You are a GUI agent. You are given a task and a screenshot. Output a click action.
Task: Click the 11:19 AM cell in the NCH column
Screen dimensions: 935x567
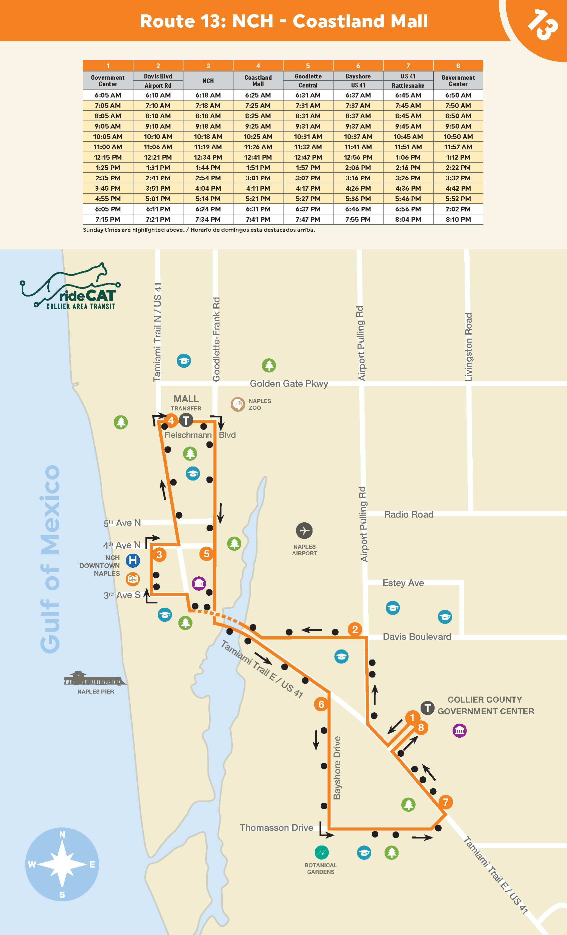click(208, 147)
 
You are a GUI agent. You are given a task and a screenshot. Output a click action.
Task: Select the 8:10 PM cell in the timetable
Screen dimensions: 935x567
click(458, 219)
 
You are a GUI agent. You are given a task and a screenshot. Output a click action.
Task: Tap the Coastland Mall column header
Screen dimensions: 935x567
click(258, 80)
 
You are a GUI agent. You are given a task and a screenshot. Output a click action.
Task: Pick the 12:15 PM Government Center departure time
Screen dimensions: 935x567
click(108, 157)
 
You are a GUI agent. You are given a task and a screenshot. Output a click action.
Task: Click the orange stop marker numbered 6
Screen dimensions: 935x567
click(321, 704)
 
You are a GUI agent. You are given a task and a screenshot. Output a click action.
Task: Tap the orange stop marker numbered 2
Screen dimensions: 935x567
click(355, 629)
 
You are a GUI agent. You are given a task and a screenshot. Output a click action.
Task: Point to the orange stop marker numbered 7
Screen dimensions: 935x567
click(446, 802)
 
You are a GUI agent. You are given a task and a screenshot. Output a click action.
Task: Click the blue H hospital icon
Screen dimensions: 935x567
click(133, 560)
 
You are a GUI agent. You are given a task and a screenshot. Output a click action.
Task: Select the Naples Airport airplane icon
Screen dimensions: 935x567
click(304, 531)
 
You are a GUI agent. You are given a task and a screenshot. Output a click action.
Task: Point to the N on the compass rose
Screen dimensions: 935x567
click(62, 834)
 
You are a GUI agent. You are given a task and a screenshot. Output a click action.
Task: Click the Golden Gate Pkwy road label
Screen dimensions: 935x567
click(289, 384)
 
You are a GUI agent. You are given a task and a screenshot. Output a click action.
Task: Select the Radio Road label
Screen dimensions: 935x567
click(409, 515)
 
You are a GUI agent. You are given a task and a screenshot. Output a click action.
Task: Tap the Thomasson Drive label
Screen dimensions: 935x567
click(276, 827)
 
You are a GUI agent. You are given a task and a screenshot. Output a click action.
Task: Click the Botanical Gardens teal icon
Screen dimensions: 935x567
click(322, 853)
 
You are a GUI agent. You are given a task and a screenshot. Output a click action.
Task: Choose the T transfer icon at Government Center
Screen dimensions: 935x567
click(428, 708)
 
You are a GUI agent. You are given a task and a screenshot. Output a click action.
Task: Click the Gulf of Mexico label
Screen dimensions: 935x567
click(50, 559)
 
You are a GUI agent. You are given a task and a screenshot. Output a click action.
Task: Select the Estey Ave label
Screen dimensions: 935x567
click(403, 583)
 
